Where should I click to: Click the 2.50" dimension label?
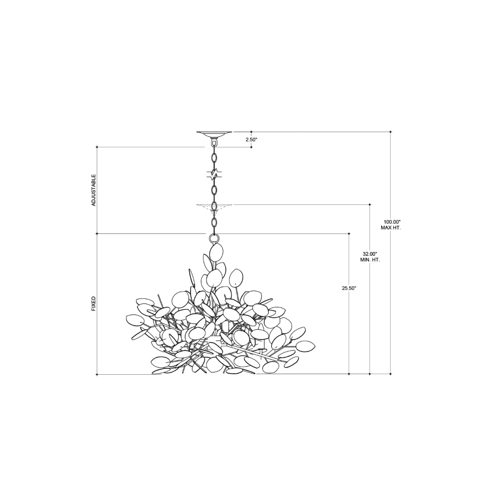[251, 139]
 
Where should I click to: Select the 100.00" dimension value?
[391, 222]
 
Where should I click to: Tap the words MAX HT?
[391, 228]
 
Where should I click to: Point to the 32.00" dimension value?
[370, 254]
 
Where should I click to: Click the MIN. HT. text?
[370, 260]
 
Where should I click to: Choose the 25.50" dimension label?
[349, 288]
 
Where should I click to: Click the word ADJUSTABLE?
[94, 190]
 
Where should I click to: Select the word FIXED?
[94, 304]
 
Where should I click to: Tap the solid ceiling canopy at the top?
[214, 134]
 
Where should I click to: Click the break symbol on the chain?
[214, 174]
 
